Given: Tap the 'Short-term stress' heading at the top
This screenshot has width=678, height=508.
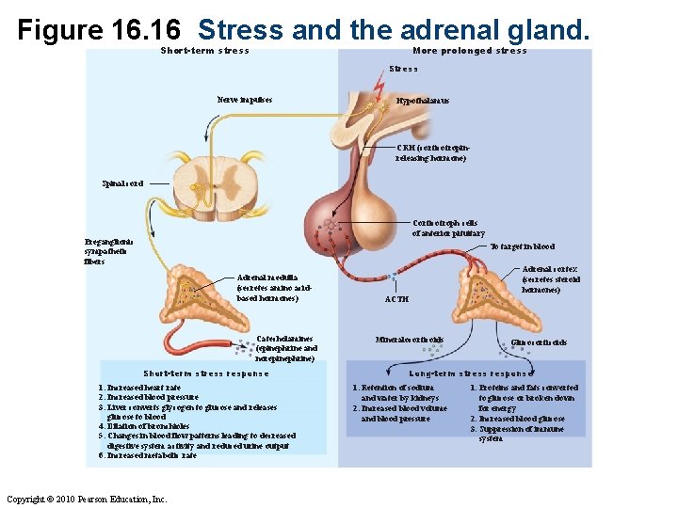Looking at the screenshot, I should (205, 51).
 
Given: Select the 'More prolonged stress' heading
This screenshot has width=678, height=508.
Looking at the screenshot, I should (470, 51).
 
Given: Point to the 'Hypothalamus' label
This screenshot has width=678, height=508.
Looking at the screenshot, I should (423, 101).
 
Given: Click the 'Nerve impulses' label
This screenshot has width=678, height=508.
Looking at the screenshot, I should (245, 99).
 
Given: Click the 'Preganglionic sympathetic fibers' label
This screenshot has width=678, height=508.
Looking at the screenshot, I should (108, 251).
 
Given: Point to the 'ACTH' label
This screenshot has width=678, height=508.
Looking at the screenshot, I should (397, 299).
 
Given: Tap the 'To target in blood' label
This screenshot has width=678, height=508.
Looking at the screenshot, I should (522, 246).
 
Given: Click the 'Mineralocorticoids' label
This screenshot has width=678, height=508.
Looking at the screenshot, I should (410, 340).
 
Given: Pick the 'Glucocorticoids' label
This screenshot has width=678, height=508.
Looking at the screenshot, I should (539, 342).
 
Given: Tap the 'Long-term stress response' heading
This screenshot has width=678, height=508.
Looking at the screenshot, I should (465, 373).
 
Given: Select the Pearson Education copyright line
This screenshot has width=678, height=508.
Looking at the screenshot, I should (87, 499).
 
